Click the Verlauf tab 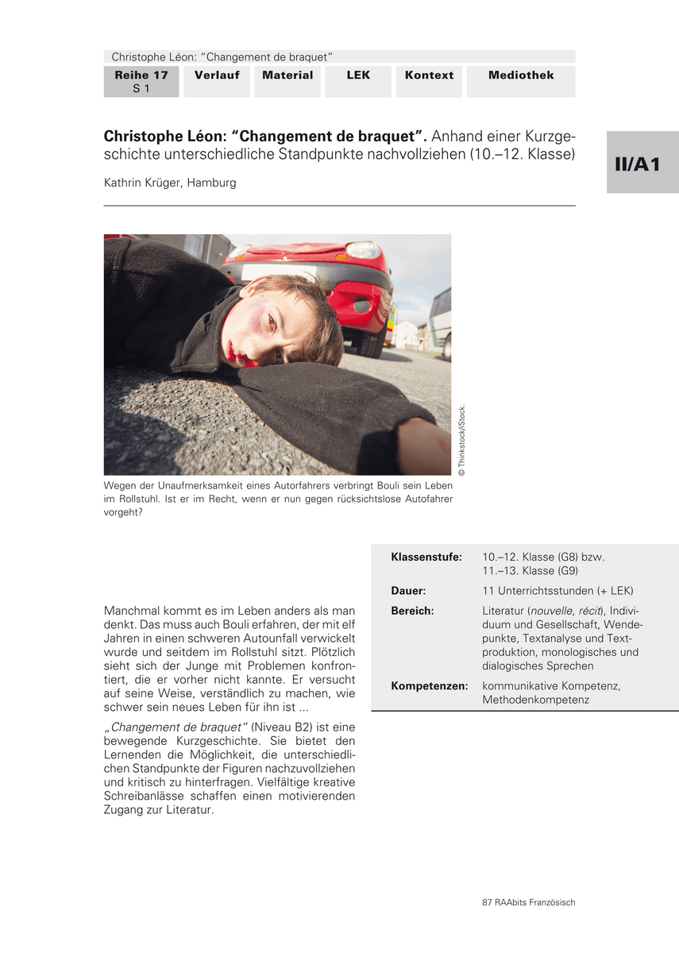[x=217, y=75]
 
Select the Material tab [x=287, y=75]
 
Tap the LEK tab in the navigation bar [x=358, y=75]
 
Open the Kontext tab [x=429, y=75]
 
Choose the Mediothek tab [x=521, y=75]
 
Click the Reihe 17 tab [x=141, y=82]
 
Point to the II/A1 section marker [x=642, y=164]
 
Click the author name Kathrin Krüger [x=170, y=183]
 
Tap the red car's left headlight [x=364, y=250]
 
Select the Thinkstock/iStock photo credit [x=462, y=441]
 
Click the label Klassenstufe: [x=426, y=558]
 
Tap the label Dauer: [x=408, y=591]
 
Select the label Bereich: [x=412, y=611]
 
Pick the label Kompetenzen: [x=429, y=685]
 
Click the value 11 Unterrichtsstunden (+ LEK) [x=557, y=591]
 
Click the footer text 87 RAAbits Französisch [x=528, y=902]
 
